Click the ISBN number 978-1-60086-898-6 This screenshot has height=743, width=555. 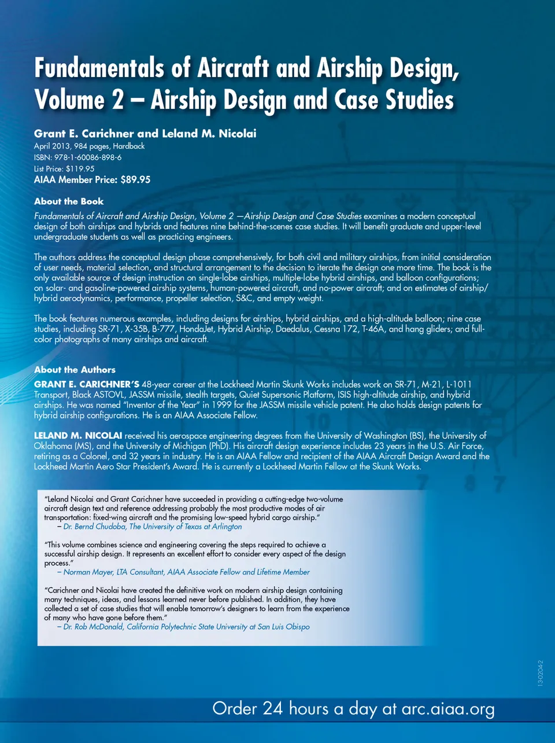coord(88,157)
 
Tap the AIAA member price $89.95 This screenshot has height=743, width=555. coord(135,180)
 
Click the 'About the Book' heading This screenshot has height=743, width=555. coord(69,201)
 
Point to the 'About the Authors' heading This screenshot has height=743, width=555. coord(75,370)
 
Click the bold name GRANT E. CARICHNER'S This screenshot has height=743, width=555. coord(87,384)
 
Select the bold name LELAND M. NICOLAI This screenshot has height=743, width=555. coord(78,435)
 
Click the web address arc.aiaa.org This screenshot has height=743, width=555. coord(448,709)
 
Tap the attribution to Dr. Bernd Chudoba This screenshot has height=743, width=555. coord(153,527)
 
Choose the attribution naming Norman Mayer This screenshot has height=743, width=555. coord(186,572)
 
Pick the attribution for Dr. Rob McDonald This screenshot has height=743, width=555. coord(186,627)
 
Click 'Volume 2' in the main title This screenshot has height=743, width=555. coord(79,100)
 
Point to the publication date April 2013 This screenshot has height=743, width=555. coord(51,146)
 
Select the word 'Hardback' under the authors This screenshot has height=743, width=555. coord(129,146)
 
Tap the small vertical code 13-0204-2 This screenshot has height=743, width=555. coord(540,672)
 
